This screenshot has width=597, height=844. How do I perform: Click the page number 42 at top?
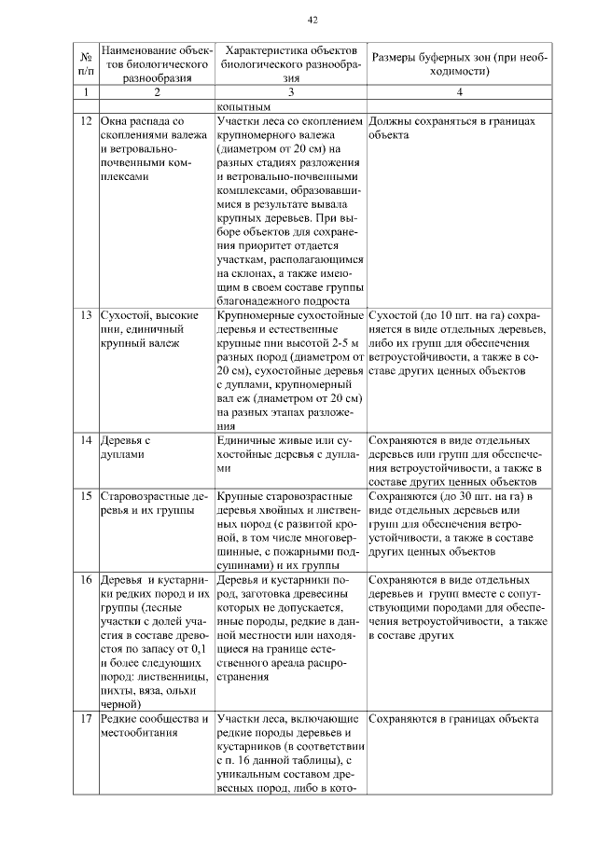[312, 21]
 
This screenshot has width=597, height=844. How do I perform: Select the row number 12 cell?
[86, 122]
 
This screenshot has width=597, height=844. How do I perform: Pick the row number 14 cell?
[86, 438]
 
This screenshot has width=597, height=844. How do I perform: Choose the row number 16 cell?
[86, 580]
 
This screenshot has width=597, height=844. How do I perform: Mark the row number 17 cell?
[86, 720]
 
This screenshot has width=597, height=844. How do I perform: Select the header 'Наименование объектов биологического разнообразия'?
[157, 63]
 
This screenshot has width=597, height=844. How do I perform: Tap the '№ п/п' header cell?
[86, 63]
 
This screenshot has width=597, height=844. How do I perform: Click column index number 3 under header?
[291, 93]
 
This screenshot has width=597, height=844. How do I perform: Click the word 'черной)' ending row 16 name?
[118, 706]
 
